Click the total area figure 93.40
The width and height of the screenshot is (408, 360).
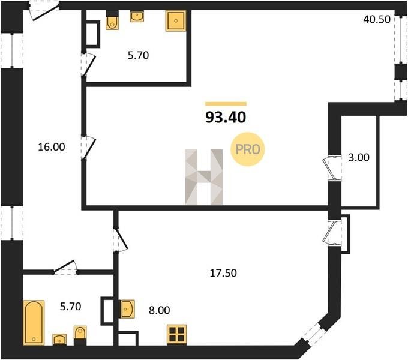tap(226, 117)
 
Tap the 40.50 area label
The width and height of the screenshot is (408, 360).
tap(377, 20)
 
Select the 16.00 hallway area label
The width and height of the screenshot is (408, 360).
tap(52, 147)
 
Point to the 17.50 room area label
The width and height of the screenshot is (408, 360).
tap(223, 273)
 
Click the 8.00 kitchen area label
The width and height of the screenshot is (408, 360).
tap(159, 310)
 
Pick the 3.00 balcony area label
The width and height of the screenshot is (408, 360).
tap(359, 157)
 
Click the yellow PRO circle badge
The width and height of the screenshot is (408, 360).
tap(247, 149)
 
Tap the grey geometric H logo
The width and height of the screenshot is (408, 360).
tap(204, 177)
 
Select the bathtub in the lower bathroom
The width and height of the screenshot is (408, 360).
tap(34, 323)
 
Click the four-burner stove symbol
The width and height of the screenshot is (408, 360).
tap(177, 335)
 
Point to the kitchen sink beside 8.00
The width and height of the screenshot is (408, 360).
tap(127, 309)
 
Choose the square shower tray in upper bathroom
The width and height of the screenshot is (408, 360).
tap(176, 21)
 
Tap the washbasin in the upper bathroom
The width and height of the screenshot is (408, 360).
tap(137, 16)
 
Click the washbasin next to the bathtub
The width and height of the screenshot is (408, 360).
tap(59, 340)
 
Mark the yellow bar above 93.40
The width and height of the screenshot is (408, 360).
tap(226, 104)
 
